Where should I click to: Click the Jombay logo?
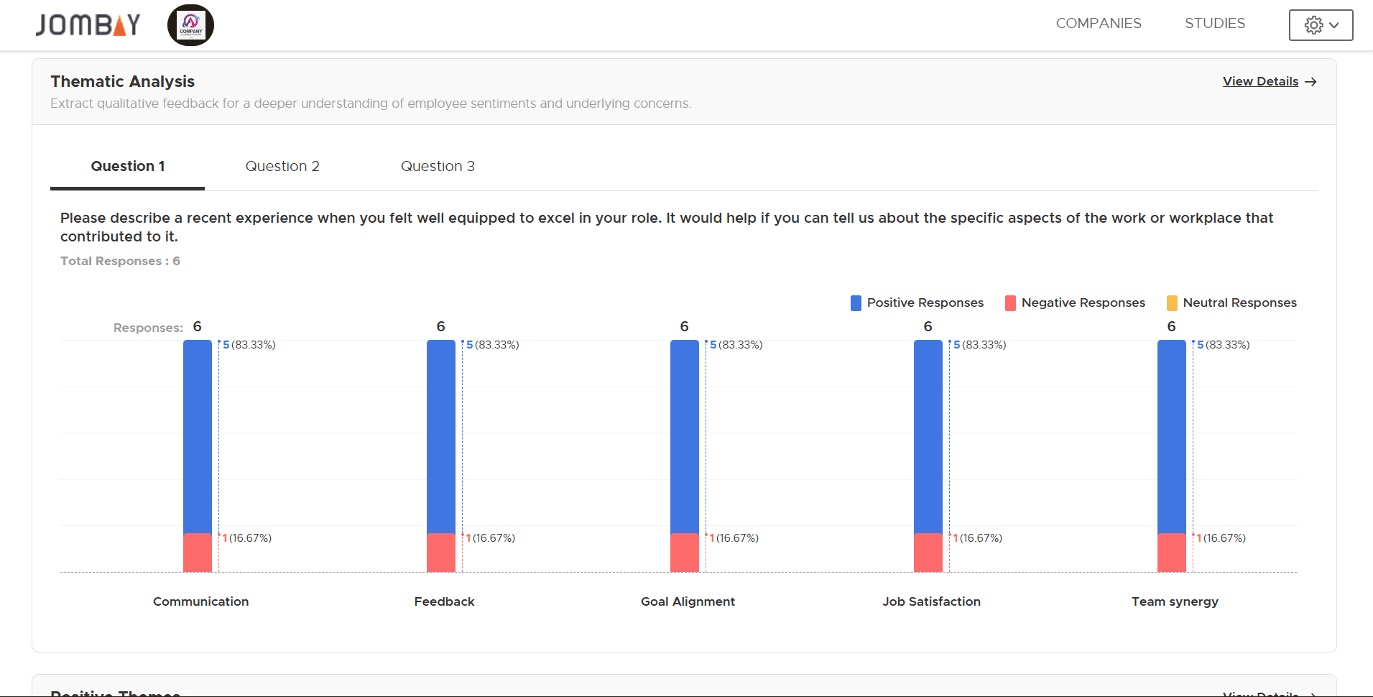pos(88,25)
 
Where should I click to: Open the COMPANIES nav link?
pos(1098,24)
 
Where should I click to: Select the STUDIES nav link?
pos(1214,24)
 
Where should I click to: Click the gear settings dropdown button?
pos(1320,25)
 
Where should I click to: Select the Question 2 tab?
pos(282,167)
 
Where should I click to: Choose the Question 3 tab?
pos(438,167)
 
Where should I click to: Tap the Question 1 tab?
pos(128,167)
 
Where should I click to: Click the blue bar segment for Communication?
pos(198,436)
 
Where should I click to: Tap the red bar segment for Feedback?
pos(441,553)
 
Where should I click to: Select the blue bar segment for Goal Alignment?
pos(685,436)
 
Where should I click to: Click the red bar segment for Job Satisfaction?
pos(928,553)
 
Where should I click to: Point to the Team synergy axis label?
pos(1175,602)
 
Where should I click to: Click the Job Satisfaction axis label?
pos(931,602)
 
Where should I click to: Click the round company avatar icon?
pos(190,25)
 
